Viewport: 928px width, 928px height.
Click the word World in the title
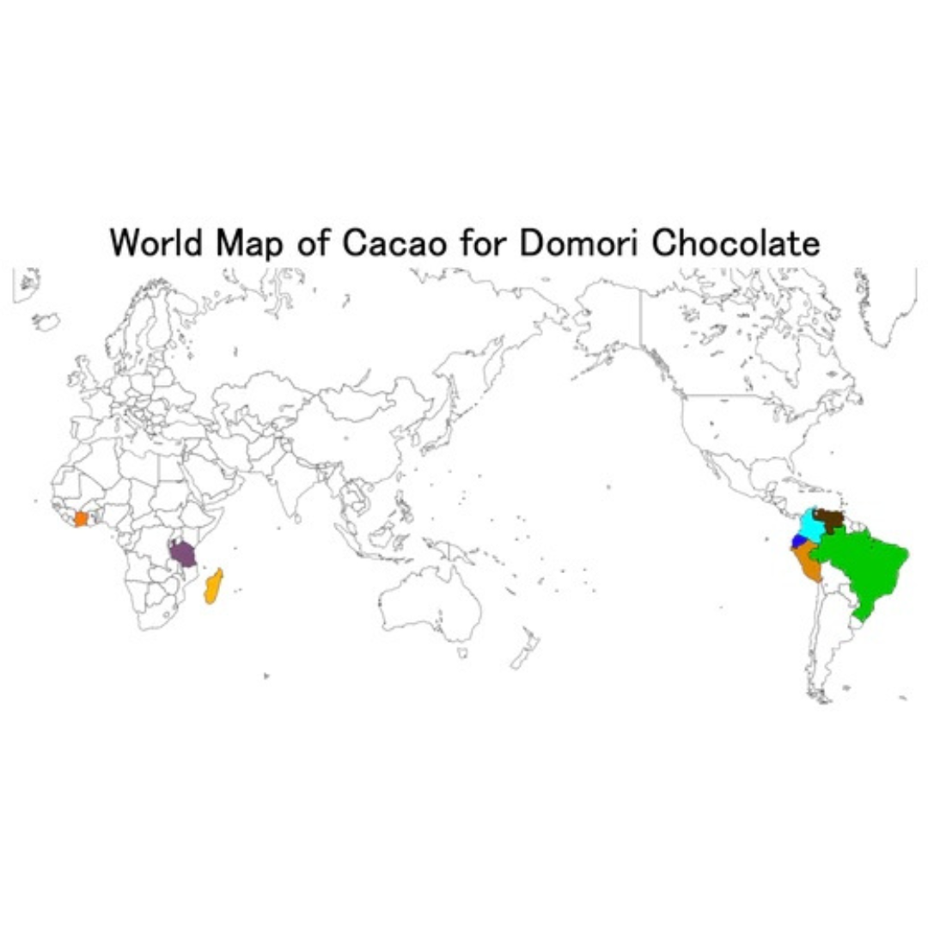pos(159,242)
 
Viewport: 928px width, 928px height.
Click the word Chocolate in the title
pos(736,242)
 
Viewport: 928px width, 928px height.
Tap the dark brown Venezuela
pos(832,518)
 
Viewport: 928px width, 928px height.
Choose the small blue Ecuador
pos(798,540)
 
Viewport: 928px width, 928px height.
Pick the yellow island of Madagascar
pos(213,586)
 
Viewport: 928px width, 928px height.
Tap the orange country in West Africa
pos(81,519)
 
